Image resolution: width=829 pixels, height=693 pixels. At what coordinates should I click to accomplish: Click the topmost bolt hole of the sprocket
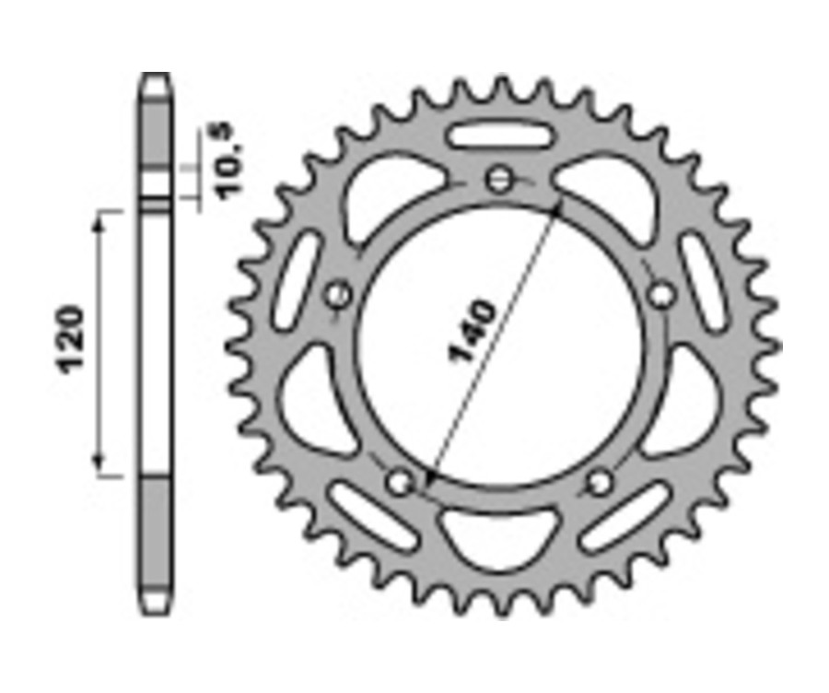coord(500,178)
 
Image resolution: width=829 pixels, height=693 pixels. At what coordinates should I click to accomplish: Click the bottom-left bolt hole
coord(400,481)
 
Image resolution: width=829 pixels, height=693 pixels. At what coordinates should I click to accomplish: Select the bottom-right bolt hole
coord(600,481)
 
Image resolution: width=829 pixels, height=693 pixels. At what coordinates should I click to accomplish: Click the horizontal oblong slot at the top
coord(500,136)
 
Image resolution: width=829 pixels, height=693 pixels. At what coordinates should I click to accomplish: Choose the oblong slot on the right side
coord(703,279)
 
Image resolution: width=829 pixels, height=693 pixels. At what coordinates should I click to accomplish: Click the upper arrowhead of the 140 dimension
coord(556,204)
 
